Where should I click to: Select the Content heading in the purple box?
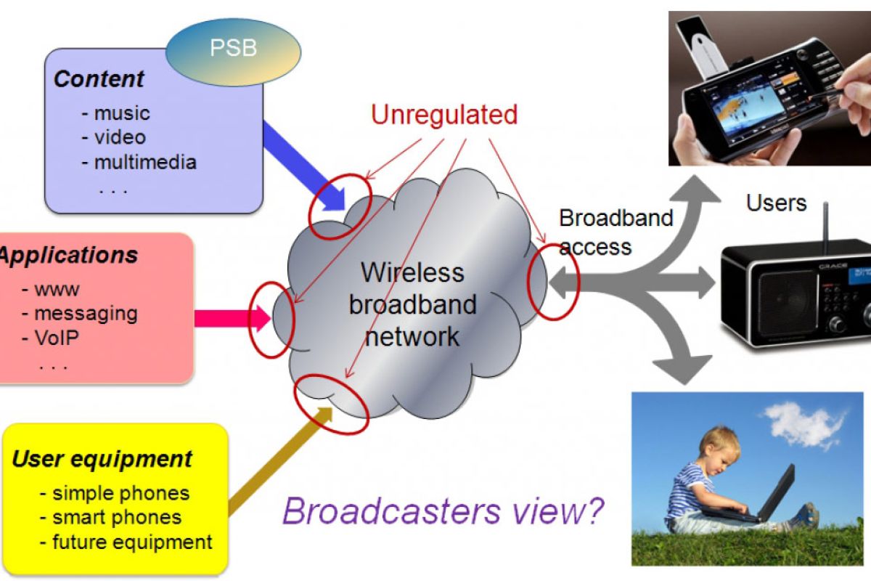point(99,79)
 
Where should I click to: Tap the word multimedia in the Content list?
point(145,161)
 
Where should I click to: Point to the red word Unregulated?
point(444,115)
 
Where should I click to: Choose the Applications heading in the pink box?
point(69,256)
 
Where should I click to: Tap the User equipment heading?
point(102,459)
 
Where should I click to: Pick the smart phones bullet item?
point(116,517)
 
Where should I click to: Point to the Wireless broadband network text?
point(412,304)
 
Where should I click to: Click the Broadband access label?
point(616,232)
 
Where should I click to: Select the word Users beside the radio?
point(776,203)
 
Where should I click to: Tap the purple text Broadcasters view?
point(443,511)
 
